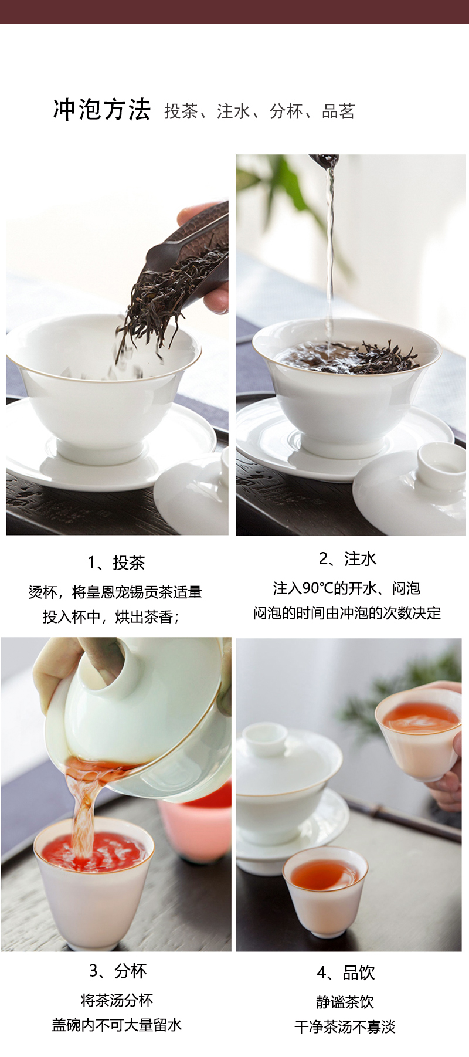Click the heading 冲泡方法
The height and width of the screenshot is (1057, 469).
102,110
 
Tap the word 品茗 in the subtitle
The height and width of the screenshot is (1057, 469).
338,111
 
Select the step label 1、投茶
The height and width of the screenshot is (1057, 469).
116,563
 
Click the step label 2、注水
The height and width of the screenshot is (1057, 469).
348,559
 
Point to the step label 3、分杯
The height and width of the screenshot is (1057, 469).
118,971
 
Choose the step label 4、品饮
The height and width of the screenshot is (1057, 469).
346,973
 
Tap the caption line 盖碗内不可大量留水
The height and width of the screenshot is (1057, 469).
117,1025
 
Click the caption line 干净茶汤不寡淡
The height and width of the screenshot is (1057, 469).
345,1027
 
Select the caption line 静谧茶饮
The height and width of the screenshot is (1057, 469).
345,1002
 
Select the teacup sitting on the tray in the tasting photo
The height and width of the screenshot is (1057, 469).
325,886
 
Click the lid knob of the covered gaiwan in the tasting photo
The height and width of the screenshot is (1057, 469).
265,738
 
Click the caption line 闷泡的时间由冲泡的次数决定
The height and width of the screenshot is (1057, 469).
347,614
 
